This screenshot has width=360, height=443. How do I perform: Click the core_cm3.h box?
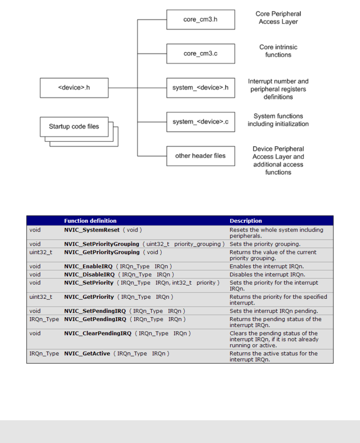200,20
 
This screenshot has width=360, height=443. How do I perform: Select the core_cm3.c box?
200,53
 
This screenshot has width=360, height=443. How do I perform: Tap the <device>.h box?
74,87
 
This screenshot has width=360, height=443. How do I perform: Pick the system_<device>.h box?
200,87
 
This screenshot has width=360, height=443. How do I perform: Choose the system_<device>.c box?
200,122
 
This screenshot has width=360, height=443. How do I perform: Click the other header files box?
200,156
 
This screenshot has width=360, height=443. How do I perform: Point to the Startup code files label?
74,126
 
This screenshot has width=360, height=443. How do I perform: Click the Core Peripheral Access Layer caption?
278,18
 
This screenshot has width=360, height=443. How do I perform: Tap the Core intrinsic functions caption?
278,51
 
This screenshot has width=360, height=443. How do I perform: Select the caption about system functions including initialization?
278,120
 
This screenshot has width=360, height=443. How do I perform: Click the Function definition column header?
90,221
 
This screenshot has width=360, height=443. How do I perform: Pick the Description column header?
245,221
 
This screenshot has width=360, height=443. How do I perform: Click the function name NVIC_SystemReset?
92,230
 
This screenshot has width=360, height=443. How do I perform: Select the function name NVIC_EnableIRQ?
88,267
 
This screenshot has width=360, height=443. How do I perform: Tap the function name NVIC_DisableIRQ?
89,274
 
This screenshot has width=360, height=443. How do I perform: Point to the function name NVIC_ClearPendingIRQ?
98,333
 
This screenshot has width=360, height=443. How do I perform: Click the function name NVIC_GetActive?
87,354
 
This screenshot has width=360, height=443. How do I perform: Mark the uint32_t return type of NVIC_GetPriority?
41,297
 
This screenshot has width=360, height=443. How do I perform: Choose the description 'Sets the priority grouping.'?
265,244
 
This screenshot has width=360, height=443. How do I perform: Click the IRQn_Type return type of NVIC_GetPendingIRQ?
44,320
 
